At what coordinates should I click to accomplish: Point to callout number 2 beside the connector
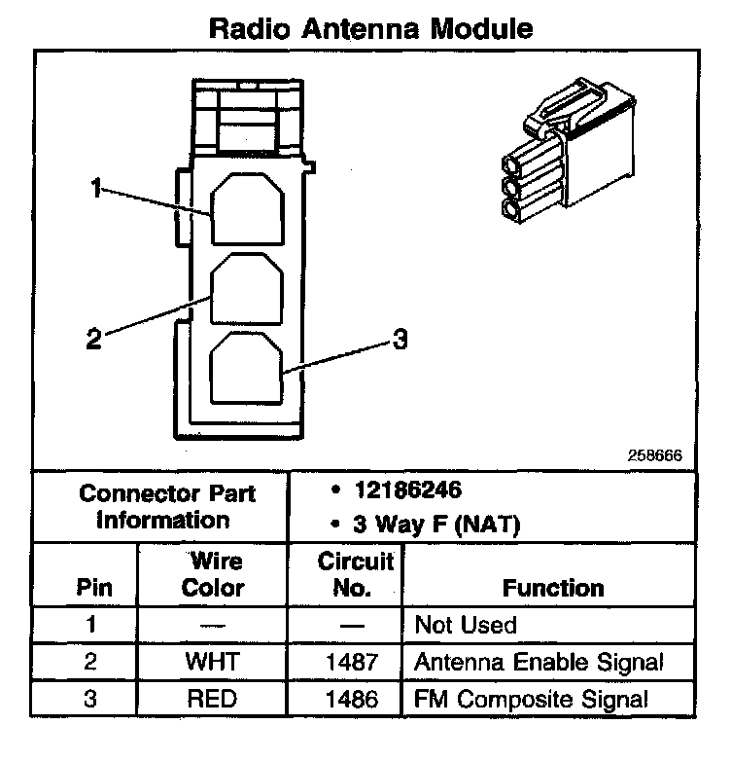[x=93, y=339]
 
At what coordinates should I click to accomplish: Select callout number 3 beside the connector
[x=400, y=339]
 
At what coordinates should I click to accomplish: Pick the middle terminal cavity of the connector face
[x=247, y=289]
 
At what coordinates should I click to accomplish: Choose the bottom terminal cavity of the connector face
[x=247, y=368]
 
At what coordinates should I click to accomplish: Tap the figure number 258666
[x=656, y=455]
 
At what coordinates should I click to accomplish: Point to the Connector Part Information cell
[x=166, y=506]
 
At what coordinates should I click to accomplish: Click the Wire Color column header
[x=214, y=575]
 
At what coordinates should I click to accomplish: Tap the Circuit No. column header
[x=355, y=575]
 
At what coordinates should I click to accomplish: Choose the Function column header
[x=553, y=587]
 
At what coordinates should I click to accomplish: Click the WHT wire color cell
[x=214, y=662]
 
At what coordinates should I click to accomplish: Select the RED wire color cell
[x=214, y=699]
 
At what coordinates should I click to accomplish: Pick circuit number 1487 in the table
[x=355, y=662]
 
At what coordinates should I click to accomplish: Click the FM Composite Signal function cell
[x=531, y=699]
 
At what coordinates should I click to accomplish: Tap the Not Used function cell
[x=466, y=625]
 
